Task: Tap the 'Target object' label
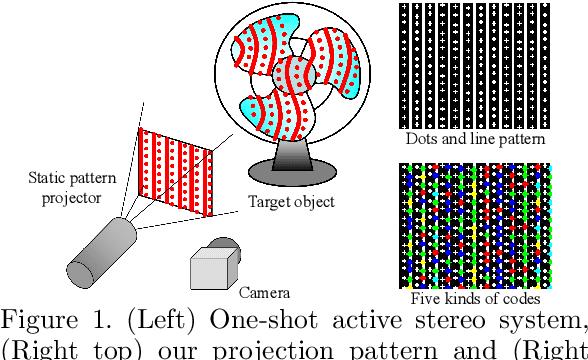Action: (291, 201)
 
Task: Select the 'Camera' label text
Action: (264, 293)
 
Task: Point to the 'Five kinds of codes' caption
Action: (476, 299)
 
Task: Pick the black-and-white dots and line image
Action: (473, 66)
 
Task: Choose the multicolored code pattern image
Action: (475, 226)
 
